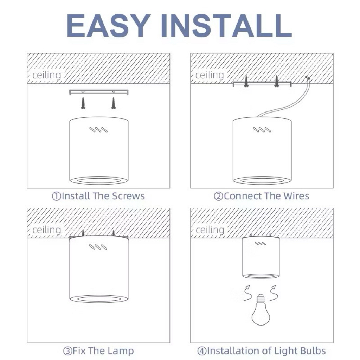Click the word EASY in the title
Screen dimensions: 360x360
click(108, 25)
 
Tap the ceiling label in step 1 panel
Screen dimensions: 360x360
click(47, 75)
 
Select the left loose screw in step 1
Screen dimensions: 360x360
click(83, 103)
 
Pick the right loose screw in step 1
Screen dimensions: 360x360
click(113, 103)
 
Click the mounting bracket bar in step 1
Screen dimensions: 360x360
click(99, 92)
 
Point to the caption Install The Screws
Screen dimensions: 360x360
click(98, 196)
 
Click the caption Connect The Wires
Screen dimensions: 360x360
click(262, 196)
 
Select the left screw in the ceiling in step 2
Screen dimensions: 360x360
click(246, 81)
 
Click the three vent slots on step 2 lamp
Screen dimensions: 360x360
click(262, 130)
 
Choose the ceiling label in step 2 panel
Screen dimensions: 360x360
click(210, 75)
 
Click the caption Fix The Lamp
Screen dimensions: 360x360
click(98, 351)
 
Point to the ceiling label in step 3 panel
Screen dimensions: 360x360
click(47, 230)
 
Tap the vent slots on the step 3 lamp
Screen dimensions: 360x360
click(98, 247)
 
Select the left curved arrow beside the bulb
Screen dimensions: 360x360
click(247, 293)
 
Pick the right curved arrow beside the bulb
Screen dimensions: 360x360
click(273, 293)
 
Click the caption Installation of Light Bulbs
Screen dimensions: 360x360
click(262, 351)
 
